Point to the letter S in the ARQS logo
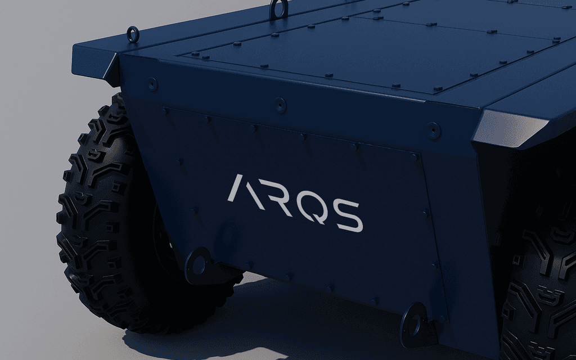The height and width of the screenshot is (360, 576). coord(346,216)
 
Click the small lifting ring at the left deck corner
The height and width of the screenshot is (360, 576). coord(133,34)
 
